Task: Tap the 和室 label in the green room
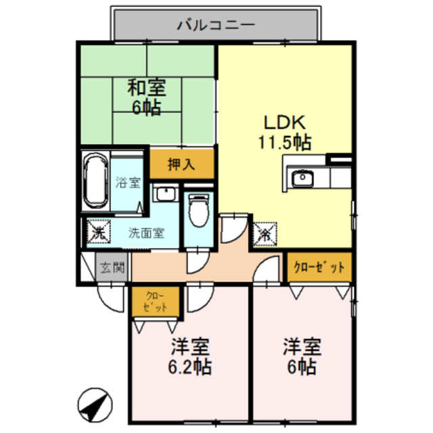click(146, 87)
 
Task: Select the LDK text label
click(285, 122)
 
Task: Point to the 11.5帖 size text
click(284, 143)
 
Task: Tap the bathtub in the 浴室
click(96, 182)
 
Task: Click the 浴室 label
click(127, 182)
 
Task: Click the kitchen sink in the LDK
click(301, 179)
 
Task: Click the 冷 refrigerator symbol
click(265, 233)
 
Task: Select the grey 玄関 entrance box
click(113, 268)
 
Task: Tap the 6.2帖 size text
click(189, 367)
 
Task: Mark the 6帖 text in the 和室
click(146, 107)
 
